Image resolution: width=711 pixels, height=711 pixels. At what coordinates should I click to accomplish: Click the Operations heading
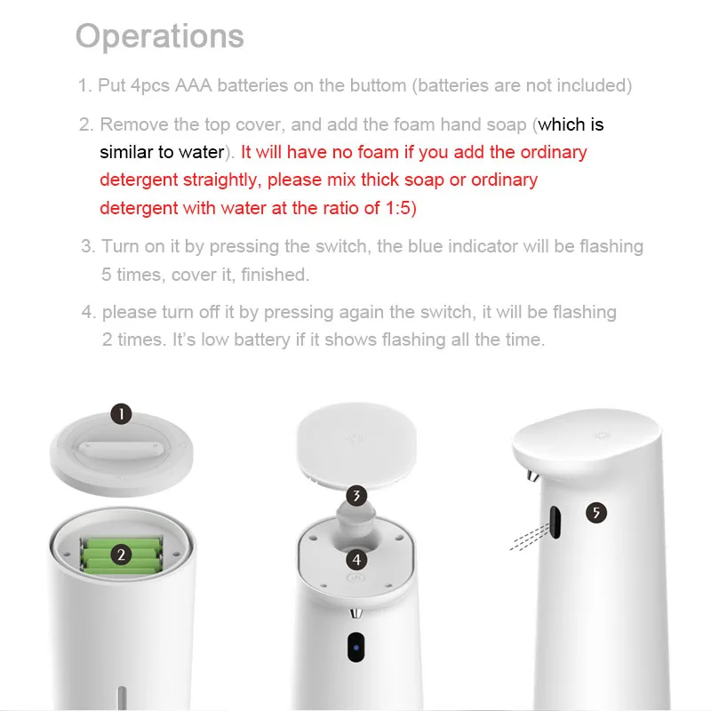coord(160,36)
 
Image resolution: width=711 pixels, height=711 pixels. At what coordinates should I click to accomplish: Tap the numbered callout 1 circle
coord(122,414)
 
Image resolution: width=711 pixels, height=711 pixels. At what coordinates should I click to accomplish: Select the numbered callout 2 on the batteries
coord(121,555)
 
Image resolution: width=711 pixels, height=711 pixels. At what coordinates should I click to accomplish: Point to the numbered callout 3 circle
coord(357,496)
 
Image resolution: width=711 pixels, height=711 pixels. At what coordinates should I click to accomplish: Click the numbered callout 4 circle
coord(357,560)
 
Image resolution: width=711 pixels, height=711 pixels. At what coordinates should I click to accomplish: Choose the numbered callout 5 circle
coord(596,513)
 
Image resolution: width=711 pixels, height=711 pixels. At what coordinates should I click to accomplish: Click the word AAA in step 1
coord(194,85)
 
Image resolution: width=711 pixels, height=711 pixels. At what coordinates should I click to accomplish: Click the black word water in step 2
coord(202,152)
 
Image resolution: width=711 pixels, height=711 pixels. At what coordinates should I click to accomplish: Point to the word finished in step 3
coord(275,275)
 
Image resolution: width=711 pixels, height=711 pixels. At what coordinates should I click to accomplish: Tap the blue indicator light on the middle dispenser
coord(356,648)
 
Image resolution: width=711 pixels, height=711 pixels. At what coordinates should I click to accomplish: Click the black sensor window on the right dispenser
coord(555,522)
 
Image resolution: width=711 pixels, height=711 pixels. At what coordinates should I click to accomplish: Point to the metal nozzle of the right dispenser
coord(532,476)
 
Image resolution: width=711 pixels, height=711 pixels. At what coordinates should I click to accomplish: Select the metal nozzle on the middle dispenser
coord(356,613)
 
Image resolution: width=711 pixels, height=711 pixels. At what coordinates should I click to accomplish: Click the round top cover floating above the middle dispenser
coord(356,445)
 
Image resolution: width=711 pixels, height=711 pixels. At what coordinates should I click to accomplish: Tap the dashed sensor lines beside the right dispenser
coord(530,538)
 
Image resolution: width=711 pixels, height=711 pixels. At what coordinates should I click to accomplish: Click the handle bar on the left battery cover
coord(121,450)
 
